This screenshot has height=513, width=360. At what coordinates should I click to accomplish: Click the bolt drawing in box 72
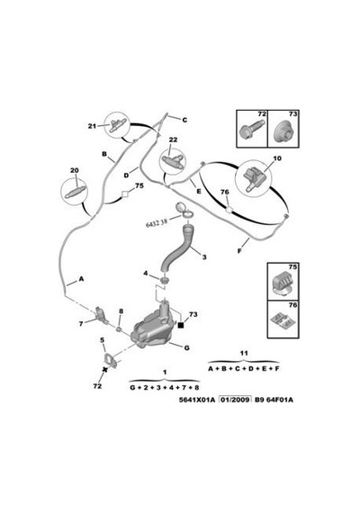(x=251, y=130)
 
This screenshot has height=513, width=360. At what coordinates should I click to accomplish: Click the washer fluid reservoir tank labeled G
(x=152, y=328)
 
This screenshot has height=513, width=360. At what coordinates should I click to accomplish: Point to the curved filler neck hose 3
(x=177, y=248)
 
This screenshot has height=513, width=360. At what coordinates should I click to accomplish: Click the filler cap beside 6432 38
(x=184, y=210)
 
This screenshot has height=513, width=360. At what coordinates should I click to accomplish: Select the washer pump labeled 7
(x=102, y=316)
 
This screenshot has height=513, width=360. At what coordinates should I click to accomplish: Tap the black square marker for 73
(x=181, y=324)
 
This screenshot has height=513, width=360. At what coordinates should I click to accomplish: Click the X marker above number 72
(x=105, y=370)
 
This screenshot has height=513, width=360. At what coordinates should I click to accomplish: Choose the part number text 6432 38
(x=157, y=223)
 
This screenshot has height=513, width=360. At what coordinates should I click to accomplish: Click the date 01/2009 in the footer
(x=235, y=400)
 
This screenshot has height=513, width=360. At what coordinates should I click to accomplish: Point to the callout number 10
(x=277, y=158)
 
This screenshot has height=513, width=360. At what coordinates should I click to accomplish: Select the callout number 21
(x=92, y=126)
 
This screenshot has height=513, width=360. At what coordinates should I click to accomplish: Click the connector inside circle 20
(x=75, y=192)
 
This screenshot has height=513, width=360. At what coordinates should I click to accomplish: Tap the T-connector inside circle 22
(x=172, y=161)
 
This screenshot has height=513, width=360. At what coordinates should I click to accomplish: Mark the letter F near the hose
(x=239, y=251)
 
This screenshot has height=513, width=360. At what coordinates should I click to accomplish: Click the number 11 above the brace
(x=244, y=353)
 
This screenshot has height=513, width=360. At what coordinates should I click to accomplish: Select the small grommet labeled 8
(x=120, y=328)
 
